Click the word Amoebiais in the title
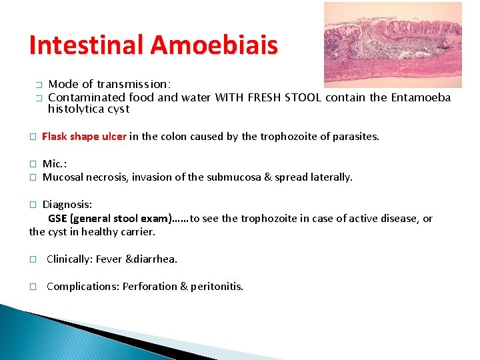[x=214, y=45]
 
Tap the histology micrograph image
[x=392, y=45]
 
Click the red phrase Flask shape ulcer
[x=84, y=137]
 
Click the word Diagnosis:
[x=67, y=205]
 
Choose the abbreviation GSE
[x=57, y=219]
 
